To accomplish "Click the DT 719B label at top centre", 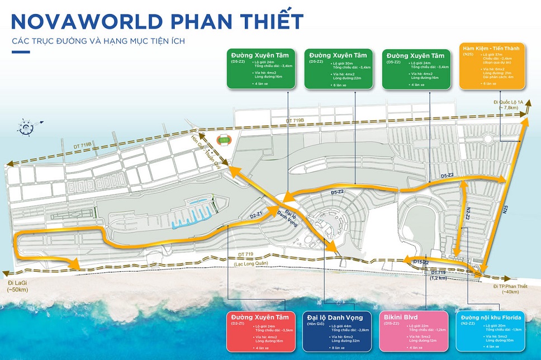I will (295, 120).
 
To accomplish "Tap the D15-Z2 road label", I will (420, 262).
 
